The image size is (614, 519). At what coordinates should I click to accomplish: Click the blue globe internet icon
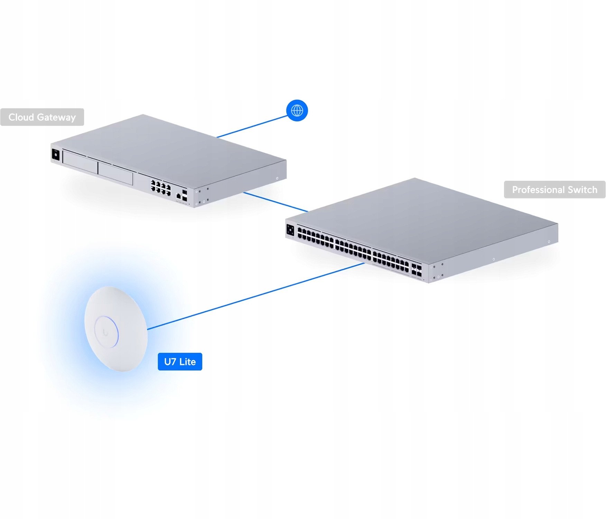pyautogui.click(x=297, y=110)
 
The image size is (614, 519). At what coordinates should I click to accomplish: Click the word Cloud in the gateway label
pyautogui.click(x=21, y=117)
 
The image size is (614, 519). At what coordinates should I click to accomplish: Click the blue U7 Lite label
pyautogui.click(x=180, y=362)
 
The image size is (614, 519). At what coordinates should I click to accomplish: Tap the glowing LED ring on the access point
pyautogui.click(x=106, y=331)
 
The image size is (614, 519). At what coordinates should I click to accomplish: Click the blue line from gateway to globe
pyautogui.click(x=253, y=126)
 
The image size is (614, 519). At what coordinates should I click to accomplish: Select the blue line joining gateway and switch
pyautogui.click(x=276, y=202)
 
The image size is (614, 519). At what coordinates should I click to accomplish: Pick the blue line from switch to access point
pyautogui.click(x=256, y=296)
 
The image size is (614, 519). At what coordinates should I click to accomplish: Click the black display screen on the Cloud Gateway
pyautogui.click(x=56, y=154)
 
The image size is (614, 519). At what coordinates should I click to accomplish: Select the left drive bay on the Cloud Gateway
pyautogui.click(x=80, y=162)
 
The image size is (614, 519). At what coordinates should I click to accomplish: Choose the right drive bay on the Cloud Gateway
pyautogui.click(x=115, y=173)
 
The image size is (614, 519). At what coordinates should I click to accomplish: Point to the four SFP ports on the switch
pyautogui.click(x=417, y=270)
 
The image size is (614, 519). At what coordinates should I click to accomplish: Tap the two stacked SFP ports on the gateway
pyautogui.click(x=185, y=195)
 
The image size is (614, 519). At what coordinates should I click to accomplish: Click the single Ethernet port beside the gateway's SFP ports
pyautogui.click(x=178, y=196)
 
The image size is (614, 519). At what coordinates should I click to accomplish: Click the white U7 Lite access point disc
pyautogui.click(x=116, y=329)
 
